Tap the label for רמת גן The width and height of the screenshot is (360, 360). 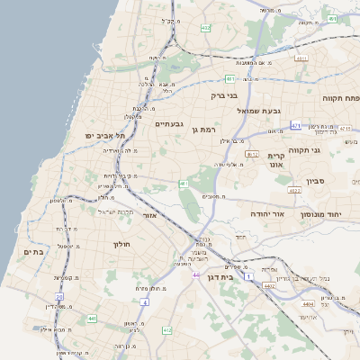pyautogui.click(x=206, y=130)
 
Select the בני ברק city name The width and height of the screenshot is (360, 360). pyautogui.click(x=223, y=94)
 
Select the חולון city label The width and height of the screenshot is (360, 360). pyautogui.click(x=122, y=244)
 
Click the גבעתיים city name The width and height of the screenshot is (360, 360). pyautogui.click(x=169, y=123)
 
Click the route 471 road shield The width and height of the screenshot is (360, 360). pyautogui.click(x=295, y=126)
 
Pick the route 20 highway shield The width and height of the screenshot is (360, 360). pyautogui.click(x=59, y=296)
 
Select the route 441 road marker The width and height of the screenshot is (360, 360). pyautogui.click(x=92, y=319)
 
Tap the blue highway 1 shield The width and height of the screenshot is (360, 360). pyautogui.click(x=247, y=277)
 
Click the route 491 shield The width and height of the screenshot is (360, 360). pyautogui.click(x=331, y=19)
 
